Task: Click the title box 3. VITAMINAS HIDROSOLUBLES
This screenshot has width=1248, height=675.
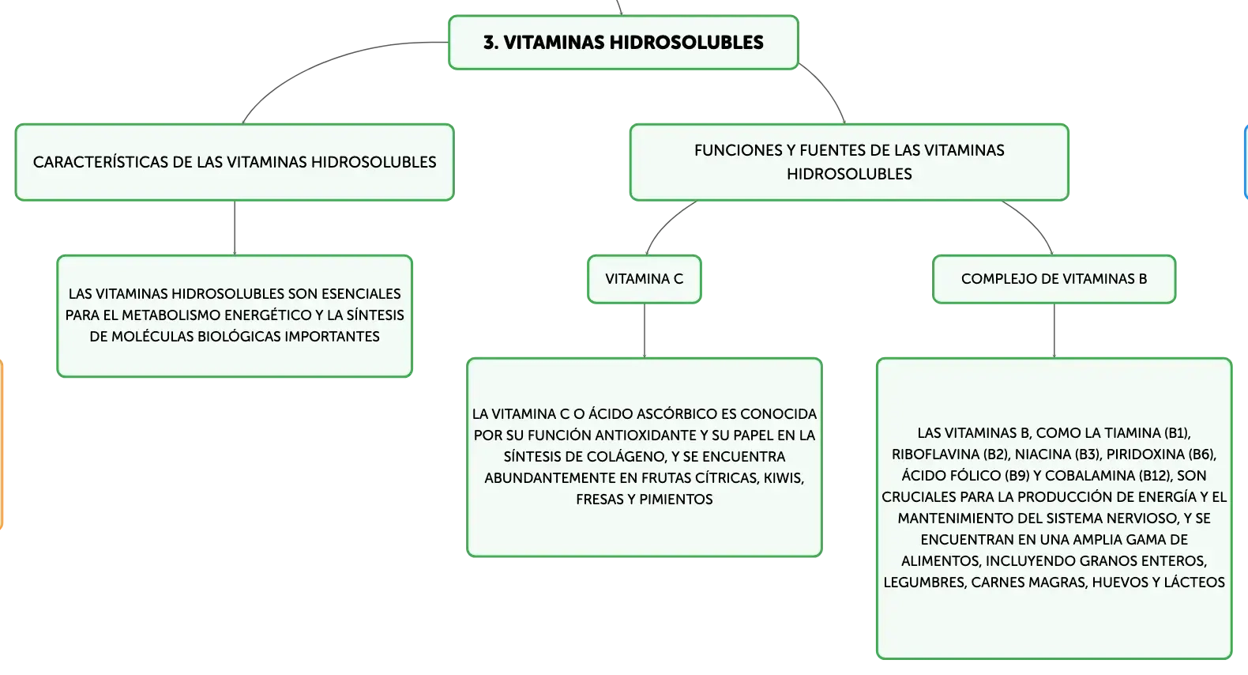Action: [x=623, y=43]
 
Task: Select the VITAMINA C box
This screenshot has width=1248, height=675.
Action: [x=644, y=279]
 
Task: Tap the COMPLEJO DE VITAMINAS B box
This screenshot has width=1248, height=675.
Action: [x=1054, y=279]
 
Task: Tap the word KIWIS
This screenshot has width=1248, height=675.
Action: [x=784, y=478]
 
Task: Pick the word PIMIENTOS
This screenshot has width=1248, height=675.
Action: [x=676, y=500]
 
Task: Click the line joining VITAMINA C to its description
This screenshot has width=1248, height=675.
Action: [x=645, y=330]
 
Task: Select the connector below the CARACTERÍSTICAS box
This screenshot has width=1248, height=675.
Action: [x=235, y=228]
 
